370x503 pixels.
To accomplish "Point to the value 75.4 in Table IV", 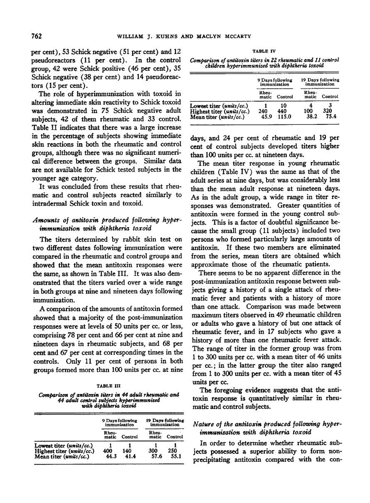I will (x=331, y=117).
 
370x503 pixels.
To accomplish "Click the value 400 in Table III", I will (x=107, y=451).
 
